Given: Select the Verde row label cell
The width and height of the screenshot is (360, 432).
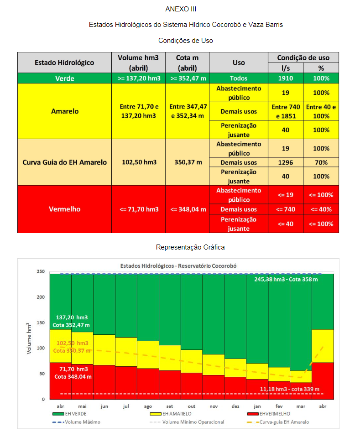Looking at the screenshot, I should (64, 78).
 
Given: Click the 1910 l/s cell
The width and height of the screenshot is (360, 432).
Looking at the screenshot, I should (286, 78).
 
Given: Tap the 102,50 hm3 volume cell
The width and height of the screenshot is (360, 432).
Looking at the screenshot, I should (139, 162).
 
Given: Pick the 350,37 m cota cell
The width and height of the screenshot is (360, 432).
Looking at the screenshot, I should (188, 162).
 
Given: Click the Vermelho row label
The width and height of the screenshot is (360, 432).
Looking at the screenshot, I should (64, 209).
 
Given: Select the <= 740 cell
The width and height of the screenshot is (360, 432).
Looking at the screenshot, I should (286, 209).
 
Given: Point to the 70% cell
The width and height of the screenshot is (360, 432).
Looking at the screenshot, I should (321, 162).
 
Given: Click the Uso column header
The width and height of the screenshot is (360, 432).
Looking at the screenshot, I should (239, 62).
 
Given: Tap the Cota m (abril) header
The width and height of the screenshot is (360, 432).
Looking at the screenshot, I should (188, 62).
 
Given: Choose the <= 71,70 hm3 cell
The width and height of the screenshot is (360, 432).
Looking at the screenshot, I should (139, 209).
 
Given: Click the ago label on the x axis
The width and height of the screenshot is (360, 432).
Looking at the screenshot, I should (148, 406).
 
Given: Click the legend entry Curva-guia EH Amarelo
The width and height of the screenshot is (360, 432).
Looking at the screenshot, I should (283, 422).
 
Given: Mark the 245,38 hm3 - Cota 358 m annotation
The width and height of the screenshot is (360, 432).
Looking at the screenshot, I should (286, 279).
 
